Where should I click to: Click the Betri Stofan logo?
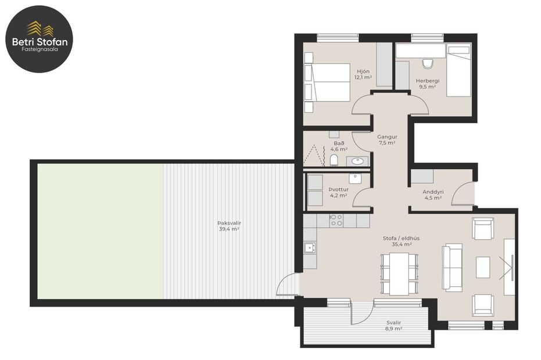pos(40,39)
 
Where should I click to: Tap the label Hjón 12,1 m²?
pos(364,74)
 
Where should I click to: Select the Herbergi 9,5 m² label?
pos(428,84)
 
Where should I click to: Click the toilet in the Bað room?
pos(334,160)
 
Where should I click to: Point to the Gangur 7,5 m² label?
pos(387,140)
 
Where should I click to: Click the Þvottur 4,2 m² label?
pos(338,192)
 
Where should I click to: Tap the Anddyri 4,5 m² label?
pos(433,195)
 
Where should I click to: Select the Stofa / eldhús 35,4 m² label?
pos(402,241)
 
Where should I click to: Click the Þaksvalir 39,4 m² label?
pos(229,226)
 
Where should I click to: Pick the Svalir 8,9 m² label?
pos(395,325)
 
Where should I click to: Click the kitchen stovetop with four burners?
pos(336,220)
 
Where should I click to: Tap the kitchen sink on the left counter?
pos(310,248)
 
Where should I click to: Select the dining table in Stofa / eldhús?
pos(399,274)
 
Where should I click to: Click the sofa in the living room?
pos(452,267)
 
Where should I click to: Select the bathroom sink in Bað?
pos(357,160)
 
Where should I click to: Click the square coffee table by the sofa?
pos(483,267)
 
